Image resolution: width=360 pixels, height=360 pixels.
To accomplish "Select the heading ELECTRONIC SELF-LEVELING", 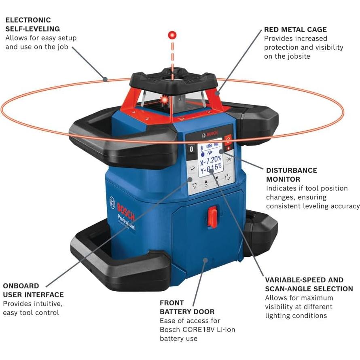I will pos(32,24).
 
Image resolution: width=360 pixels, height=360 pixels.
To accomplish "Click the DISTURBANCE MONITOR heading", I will pos(291,175).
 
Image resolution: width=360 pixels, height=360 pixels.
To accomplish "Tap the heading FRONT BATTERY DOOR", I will pos(187,307).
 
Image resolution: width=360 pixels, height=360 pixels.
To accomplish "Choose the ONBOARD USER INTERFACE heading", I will pos(33,290).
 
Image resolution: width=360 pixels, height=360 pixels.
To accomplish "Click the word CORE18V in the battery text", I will pos(198,330).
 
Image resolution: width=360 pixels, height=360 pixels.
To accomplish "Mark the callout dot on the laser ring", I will pos(105,79).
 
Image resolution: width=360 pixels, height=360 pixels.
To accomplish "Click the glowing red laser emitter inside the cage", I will pos(165,99).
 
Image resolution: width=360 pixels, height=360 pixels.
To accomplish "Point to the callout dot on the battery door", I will pos(205,260).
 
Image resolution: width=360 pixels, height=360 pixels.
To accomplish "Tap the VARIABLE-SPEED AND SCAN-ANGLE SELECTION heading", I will pos(309,284).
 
